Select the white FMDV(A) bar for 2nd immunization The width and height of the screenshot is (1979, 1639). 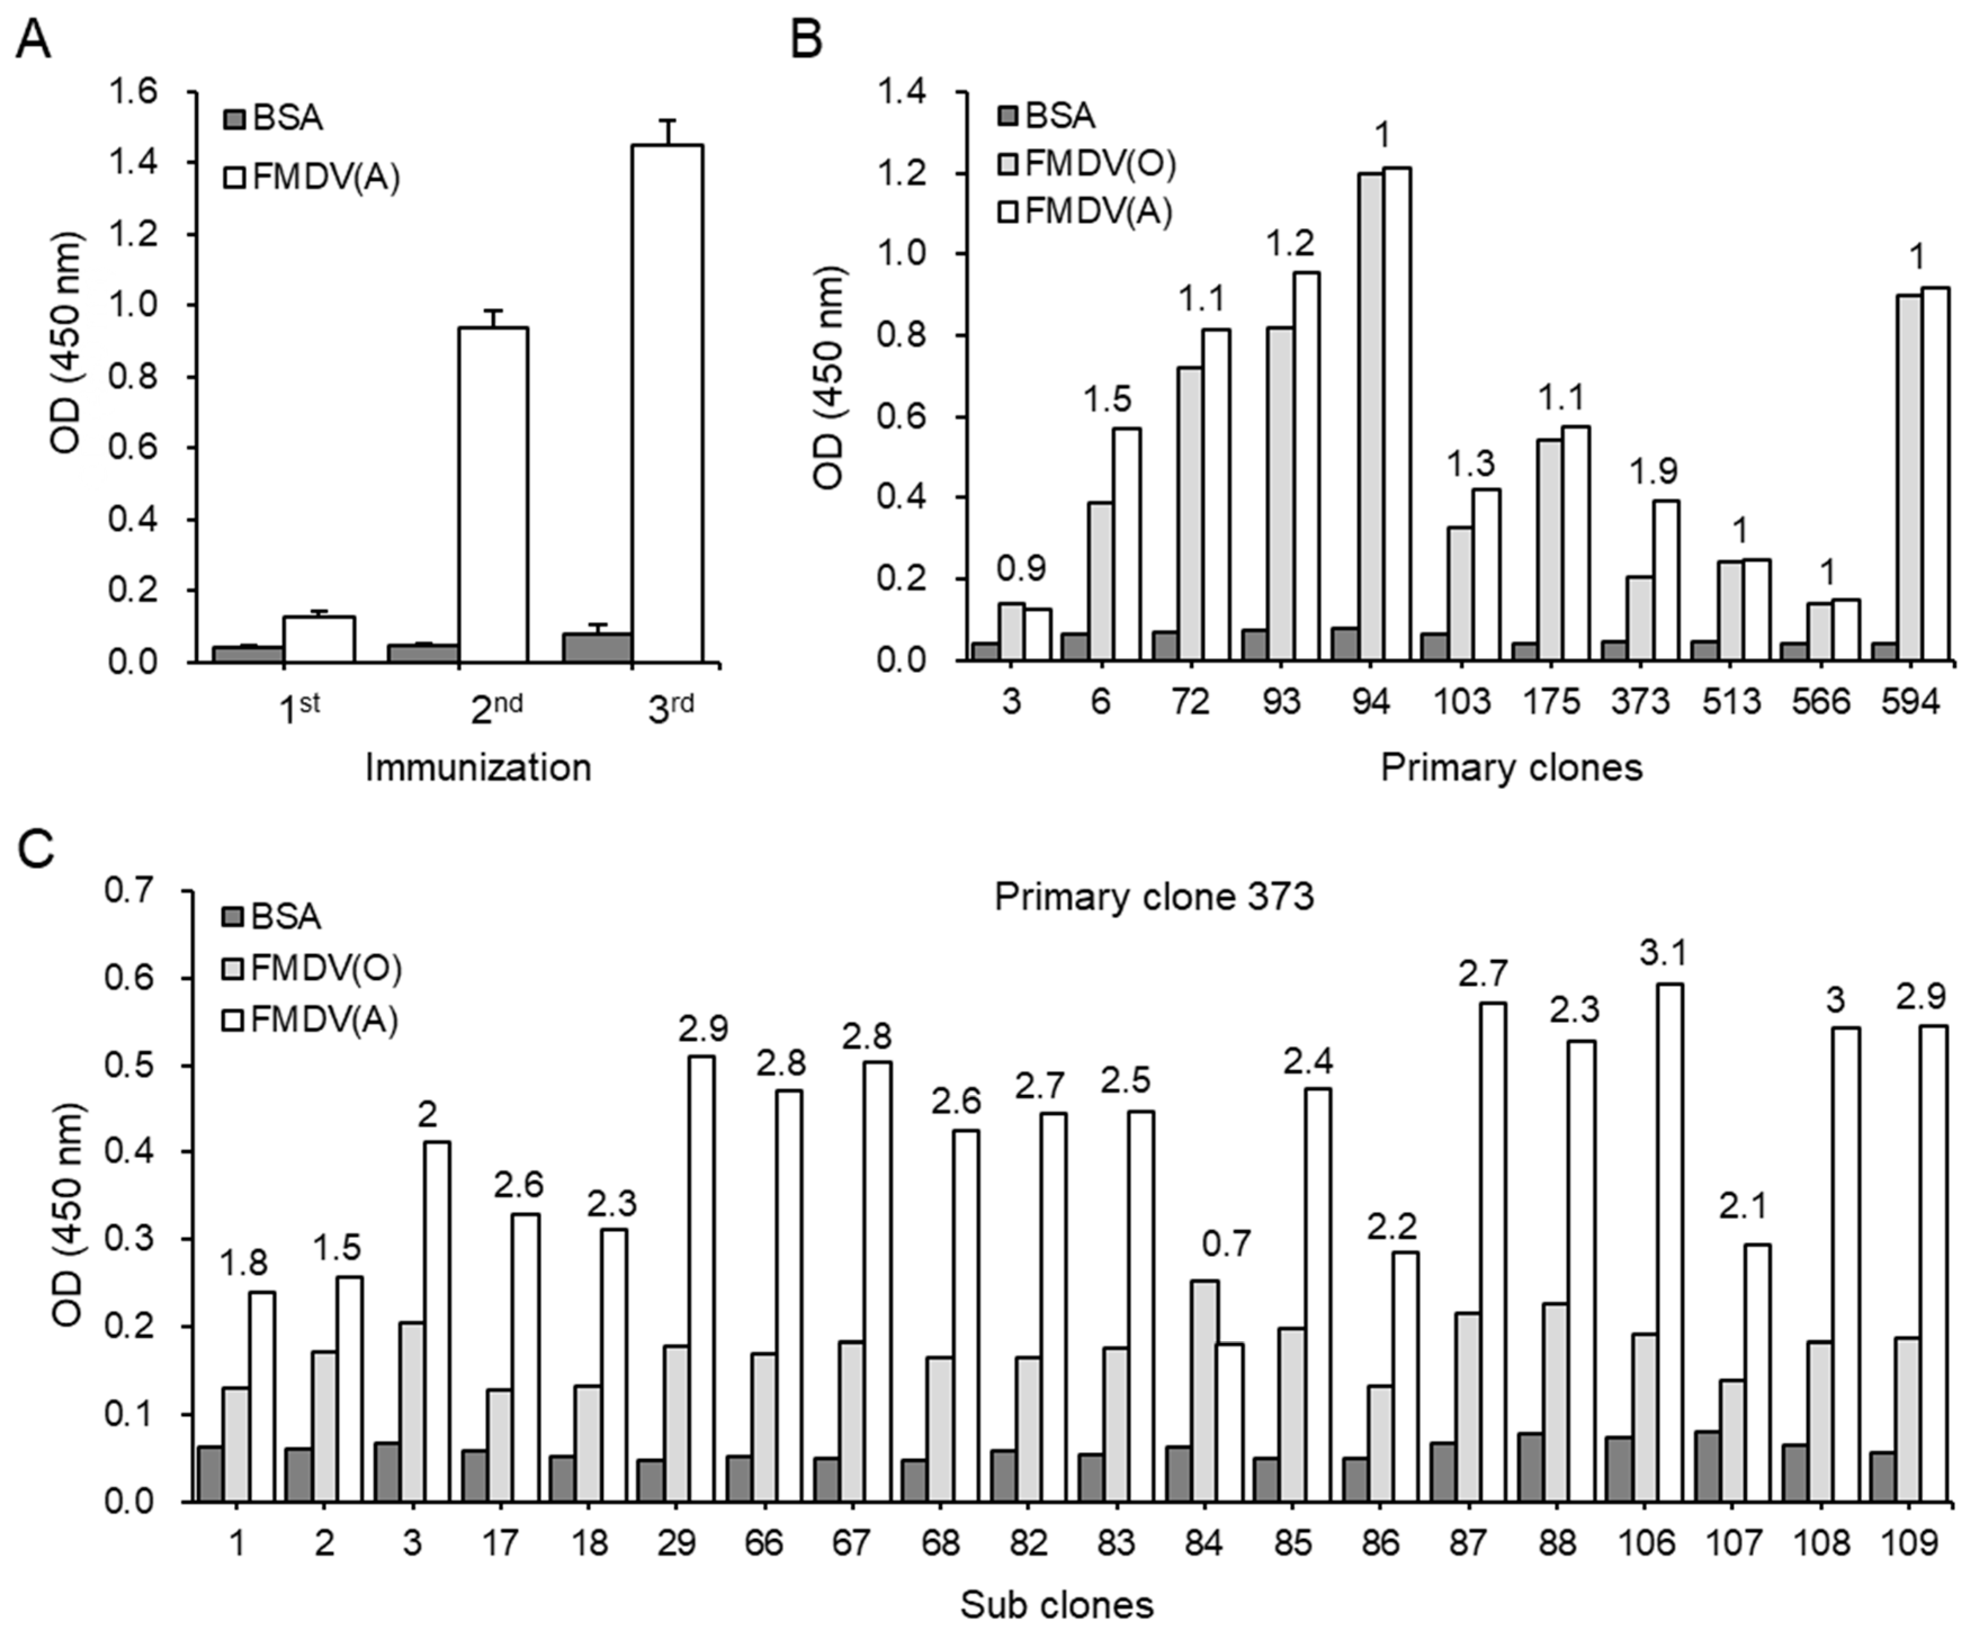click(x=492, y=495)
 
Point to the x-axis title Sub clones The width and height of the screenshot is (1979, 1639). click(x=1056, y=1604)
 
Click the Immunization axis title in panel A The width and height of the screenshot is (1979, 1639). click(x=478, y=767)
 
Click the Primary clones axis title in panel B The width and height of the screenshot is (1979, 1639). click(x=1511, y=767)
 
